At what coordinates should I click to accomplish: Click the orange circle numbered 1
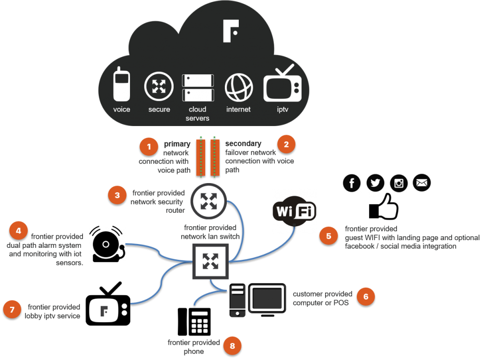149,147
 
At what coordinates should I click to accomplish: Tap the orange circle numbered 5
328,236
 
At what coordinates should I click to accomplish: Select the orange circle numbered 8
233,346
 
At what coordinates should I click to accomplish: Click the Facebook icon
351,183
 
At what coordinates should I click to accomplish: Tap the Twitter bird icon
375,183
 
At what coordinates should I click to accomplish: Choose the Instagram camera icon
398,183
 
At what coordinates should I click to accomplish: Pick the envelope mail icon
422,183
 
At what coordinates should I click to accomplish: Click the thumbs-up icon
384,207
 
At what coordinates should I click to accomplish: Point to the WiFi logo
294,211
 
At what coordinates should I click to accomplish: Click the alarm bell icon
107,244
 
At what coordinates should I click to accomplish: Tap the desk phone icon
194,322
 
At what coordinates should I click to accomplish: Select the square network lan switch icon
210,261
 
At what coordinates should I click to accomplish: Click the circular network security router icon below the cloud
209,201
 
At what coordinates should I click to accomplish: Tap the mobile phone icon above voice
121,84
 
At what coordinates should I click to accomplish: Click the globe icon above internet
239,88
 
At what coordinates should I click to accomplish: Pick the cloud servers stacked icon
198,88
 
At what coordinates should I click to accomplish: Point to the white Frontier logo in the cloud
231,31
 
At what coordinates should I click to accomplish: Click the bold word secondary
243,143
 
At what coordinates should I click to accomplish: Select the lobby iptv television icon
108,304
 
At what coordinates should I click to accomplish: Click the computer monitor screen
267,299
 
